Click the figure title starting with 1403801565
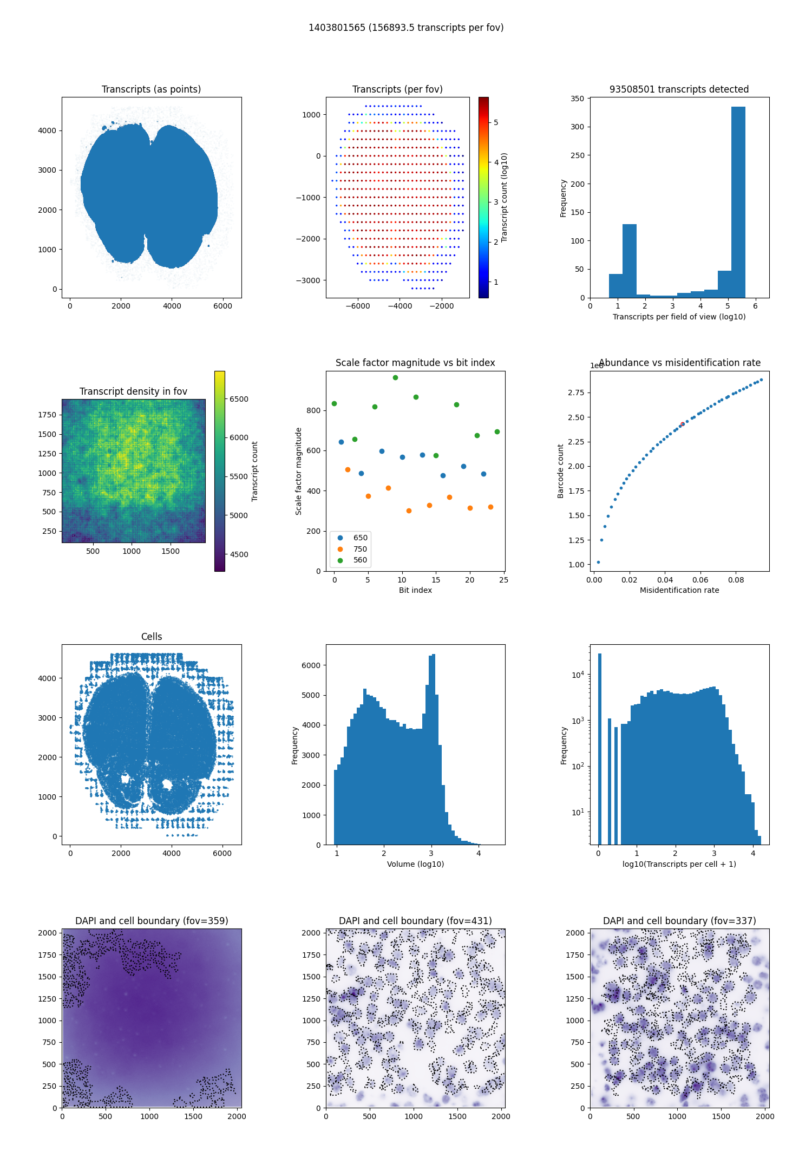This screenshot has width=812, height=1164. pos(406,28)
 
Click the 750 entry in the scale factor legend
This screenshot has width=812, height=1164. pos(360,549)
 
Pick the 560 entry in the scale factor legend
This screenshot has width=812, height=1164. pos(360,560)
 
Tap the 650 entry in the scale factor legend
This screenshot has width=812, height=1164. pos(360,538)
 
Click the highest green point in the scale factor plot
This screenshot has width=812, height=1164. pos(395,377)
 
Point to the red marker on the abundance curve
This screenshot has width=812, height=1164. pos(682,424)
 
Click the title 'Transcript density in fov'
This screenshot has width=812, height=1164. pos(133,391)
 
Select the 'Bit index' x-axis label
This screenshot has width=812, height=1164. pos(415,590)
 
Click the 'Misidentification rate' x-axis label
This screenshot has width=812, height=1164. pos(679,590)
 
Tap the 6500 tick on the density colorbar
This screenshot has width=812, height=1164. pos(239,399)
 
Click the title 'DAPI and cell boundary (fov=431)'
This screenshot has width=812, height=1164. pos(415,921)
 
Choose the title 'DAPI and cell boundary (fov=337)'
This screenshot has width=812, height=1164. pos(679,921)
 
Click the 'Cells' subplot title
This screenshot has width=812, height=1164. pos(152,637)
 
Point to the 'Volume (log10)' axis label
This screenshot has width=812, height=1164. pos(415,864)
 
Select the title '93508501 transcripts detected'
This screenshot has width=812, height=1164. pos(679,89)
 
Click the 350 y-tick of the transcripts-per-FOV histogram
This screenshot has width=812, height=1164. pos(577,99)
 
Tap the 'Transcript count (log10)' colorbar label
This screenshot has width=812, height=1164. pos(505,197)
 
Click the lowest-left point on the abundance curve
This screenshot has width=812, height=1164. pos(598,562)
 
